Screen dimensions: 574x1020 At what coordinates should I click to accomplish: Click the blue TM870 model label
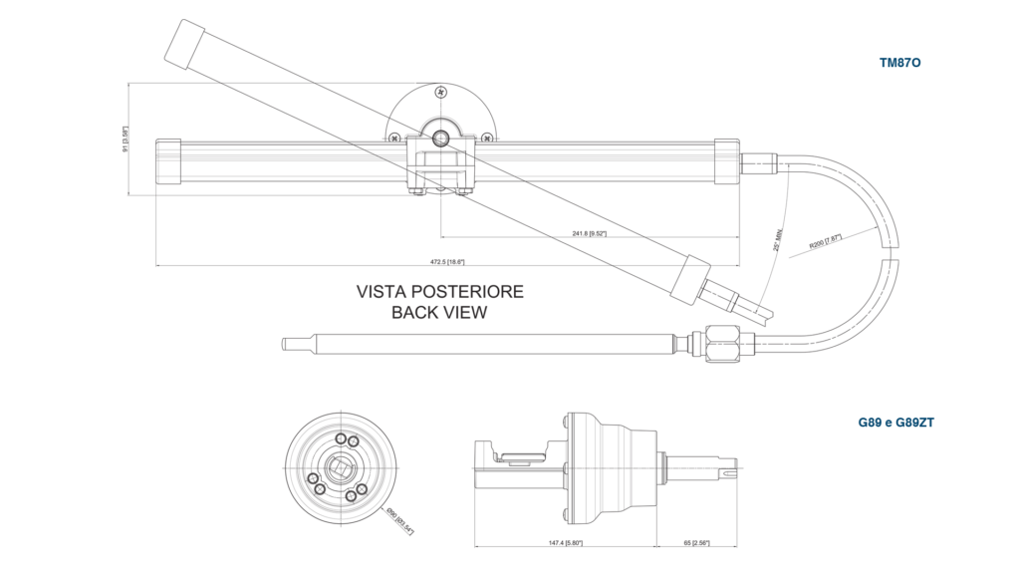coord(900,62)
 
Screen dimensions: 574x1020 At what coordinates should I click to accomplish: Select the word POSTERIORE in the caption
coord(468,292)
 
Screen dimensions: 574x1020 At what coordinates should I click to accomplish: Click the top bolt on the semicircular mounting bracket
coord(438,91)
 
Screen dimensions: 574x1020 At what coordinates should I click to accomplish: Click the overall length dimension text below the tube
coord(447,262)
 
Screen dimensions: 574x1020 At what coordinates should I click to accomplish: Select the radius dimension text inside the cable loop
coord(825,242)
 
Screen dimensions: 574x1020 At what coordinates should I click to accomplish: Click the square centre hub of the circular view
coord(342,466)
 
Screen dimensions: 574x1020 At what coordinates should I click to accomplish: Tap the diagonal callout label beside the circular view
coord(397,519)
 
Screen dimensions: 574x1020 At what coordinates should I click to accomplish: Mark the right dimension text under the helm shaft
coord(697,544)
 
